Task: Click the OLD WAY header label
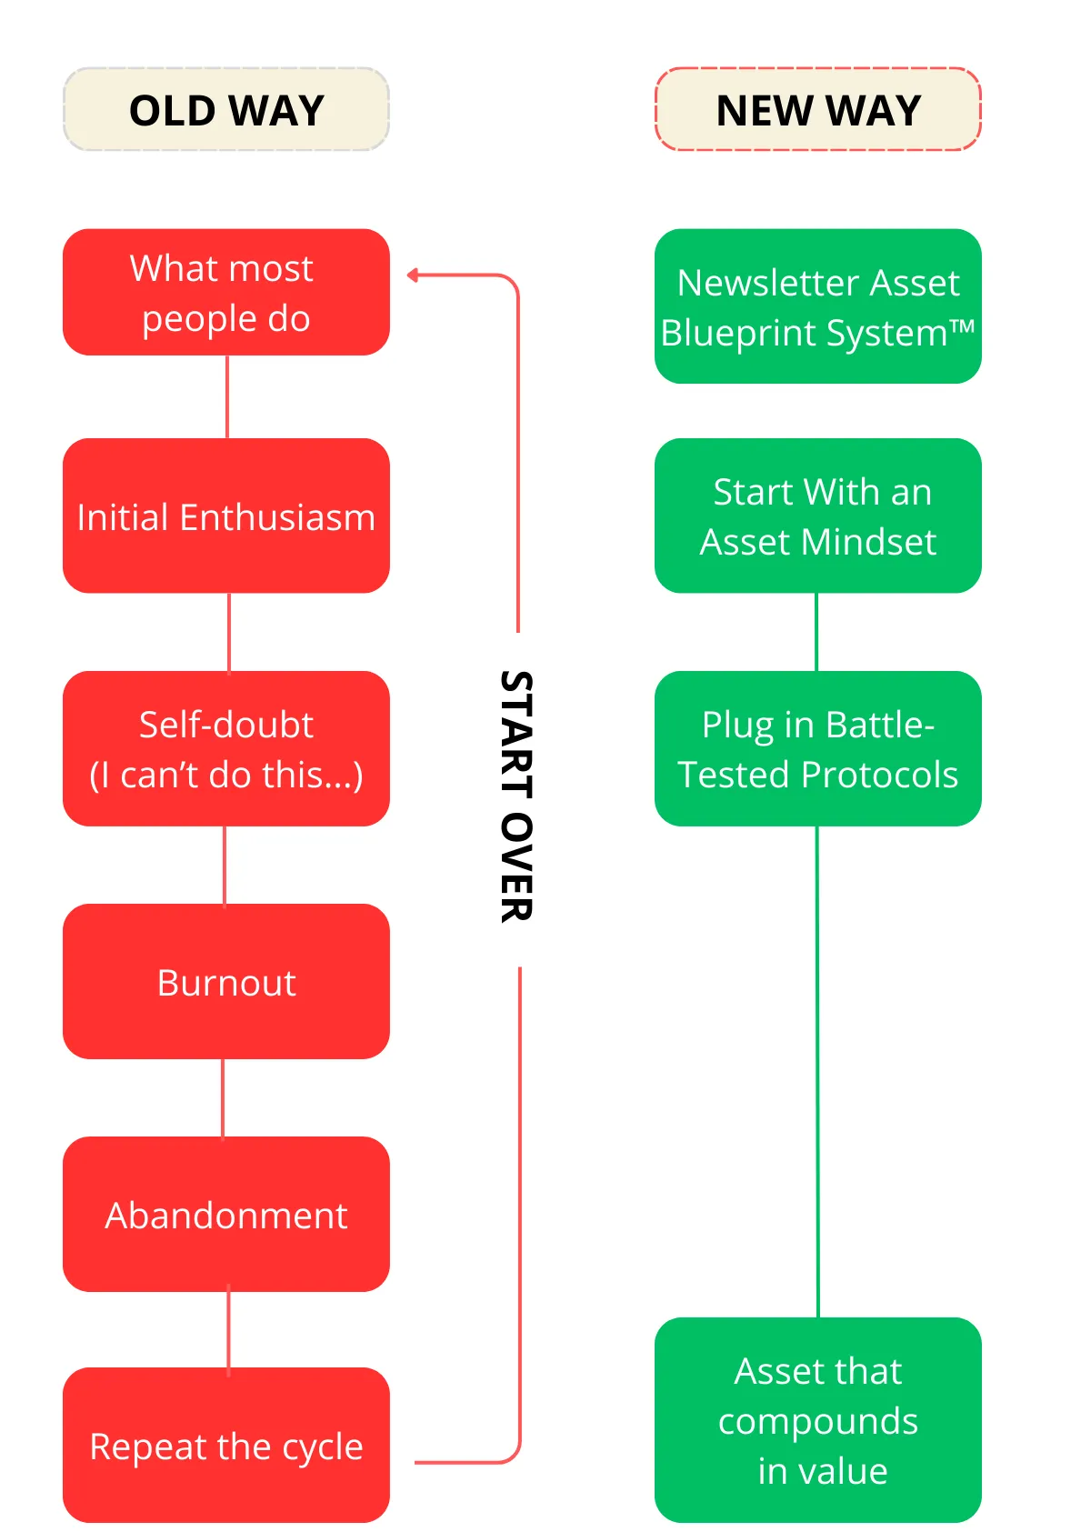(x=226, y=110)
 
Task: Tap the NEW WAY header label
(x=818, y=110)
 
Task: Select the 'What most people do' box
(x=226, y=292)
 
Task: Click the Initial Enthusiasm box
(x=226, y=516)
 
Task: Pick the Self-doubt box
(x=226, y=748)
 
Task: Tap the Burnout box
(x=226, y=981)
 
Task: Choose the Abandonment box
(x=226, y=1214)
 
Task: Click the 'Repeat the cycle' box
(x=226, y=1445)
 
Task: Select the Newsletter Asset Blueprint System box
(x=818, y=306)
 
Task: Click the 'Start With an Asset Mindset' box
(x=818, y=516)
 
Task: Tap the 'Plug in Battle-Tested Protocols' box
(x=818, y=748)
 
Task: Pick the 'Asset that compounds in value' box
(x=818, y=1419)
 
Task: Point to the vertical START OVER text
(x=516, y=796)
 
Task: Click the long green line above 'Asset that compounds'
(x=817, y=1073)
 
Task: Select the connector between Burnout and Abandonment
(x=224, y=1097)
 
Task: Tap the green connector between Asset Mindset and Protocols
(x=816, y=632)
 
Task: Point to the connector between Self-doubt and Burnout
(x=225, y=865)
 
